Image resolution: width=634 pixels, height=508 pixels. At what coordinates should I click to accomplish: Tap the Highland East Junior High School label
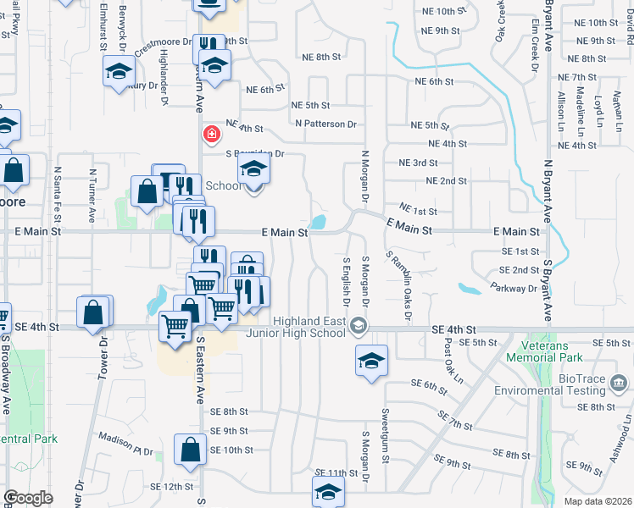310,326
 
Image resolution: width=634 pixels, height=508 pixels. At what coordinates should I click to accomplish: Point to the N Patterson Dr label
326,124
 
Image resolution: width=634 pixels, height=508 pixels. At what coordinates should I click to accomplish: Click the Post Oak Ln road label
453,359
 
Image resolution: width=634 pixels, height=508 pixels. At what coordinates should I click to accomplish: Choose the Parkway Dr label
520,289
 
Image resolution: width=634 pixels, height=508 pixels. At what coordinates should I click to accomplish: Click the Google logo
28,498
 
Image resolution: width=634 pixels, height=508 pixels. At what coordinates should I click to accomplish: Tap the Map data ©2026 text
598,501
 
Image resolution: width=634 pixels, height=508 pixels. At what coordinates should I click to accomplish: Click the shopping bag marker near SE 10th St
190,450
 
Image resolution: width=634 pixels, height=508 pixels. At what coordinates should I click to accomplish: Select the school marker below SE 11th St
328,491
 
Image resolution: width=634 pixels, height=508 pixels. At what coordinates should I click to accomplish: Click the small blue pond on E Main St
319,223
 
